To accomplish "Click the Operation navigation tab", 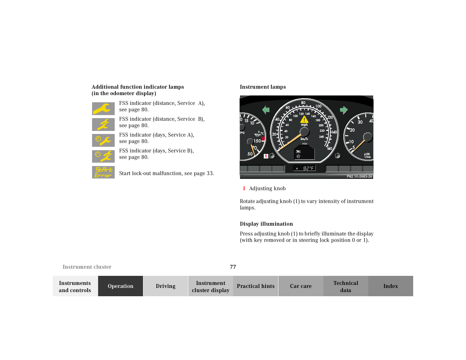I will coord(120,286).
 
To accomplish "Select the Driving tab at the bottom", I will coord(165,286).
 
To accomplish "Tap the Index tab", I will coord(391,286).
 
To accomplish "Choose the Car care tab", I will coord(301,286).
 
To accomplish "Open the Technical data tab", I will coord(346,286).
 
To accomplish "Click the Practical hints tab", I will coord(255,286).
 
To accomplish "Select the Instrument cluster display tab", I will coord(211,286).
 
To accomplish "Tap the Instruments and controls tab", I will coord(75,286).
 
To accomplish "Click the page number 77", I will coord(233,267).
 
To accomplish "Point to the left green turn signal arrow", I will coord(266,110).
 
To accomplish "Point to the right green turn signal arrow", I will coord(343,110).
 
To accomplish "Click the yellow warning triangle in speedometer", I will coord(304,120).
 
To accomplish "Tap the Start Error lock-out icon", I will coord(103,172).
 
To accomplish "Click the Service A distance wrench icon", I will coord(103,109).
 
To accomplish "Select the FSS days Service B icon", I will coord(103,156).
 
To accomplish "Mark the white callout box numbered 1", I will coord(266,156).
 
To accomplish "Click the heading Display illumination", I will coord(266,224).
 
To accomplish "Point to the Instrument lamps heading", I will coord(263,87).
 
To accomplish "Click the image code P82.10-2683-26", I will coord(359,177).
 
